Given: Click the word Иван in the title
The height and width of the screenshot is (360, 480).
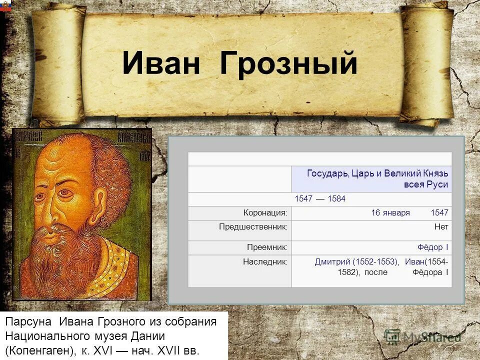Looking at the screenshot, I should coord(164,64).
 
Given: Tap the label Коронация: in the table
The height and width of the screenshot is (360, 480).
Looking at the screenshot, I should coord(265,213).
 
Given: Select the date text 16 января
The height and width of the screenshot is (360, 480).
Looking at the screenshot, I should coord(390,213).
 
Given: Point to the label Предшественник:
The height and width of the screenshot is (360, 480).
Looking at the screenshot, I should coord(253,227).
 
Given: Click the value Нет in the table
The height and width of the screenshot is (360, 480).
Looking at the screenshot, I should coord(441,227).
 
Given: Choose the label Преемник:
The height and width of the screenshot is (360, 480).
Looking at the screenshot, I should coord(267,247).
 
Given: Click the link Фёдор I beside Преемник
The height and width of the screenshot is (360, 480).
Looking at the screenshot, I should coord(433,247).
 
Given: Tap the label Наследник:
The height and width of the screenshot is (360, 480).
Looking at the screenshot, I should coord(265,261).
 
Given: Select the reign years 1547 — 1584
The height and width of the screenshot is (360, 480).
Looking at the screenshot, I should coord(320,199).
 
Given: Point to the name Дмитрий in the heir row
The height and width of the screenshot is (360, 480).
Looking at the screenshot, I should coord(332,261).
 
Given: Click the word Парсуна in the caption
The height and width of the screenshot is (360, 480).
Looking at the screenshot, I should coord(29,321).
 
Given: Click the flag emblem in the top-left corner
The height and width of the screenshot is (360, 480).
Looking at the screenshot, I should coord(5,5).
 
